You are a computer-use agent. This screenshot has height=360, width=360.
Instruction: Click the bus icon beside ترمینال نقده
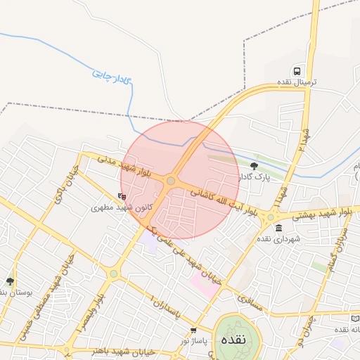click(x=298, y=72)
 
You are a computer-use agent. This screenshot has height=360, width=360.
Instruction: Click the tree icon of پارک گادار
click(x=254, y=166)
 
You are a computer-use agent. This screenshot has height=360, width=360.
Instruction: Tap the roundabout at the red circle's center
click(x=171, y=181)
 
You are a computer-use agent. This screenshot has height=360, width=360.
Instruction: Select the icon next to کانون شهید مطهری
click(x=122, y=197)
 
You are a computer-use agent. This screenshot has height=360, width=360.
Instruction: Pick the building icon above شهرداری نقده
click(x=279, y=228)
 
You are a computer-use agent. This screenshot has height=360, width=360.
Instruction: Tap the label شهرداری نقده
click(x=278, y=239)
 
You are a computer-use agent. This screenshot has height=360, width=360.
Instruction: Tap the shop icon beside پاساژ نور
click(x=193, y=330)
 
